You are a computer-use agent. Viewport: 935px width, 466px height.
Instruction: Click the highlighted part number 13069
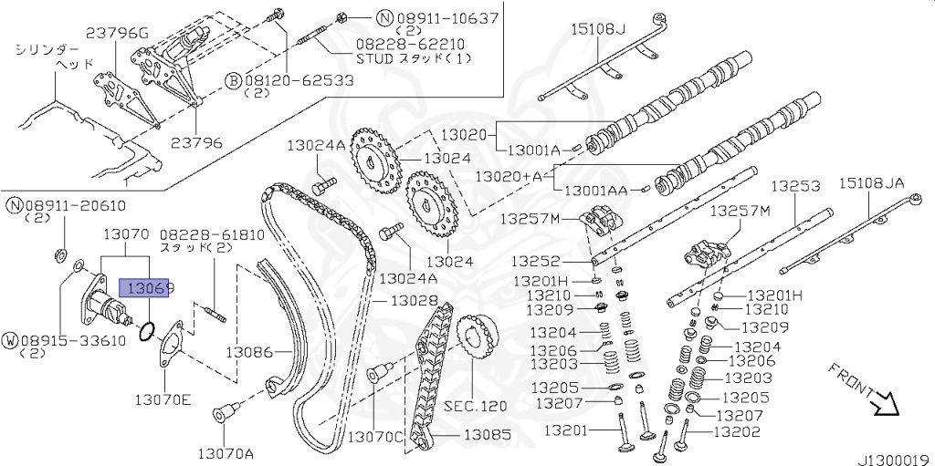[149, 289]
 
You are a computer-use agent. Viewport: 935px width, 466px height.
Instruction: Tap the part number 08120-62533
[299, 80]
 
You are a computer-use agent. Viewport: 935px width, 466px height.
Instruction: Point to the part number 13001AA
[596, 191]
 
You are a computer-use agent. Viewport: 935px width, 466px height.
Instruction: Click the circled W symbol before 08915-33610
[11, 340]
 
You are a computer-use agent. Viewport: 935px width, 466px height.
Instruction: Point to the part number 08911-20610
[74, 206]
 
